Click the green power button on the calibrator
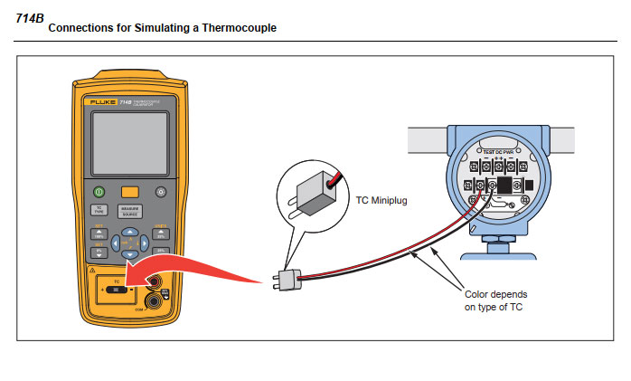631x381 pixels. tap(99, 192)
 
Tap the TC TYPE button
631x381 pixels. tap(99, 210)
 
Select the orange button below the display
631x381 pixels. tap(130, 192)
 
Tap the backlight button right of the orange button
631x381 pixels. tap(161, 192)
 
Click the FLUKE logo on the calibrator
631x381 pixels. tap(100, 104)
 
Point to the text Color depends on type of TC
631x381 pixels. tap(495, 300)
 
